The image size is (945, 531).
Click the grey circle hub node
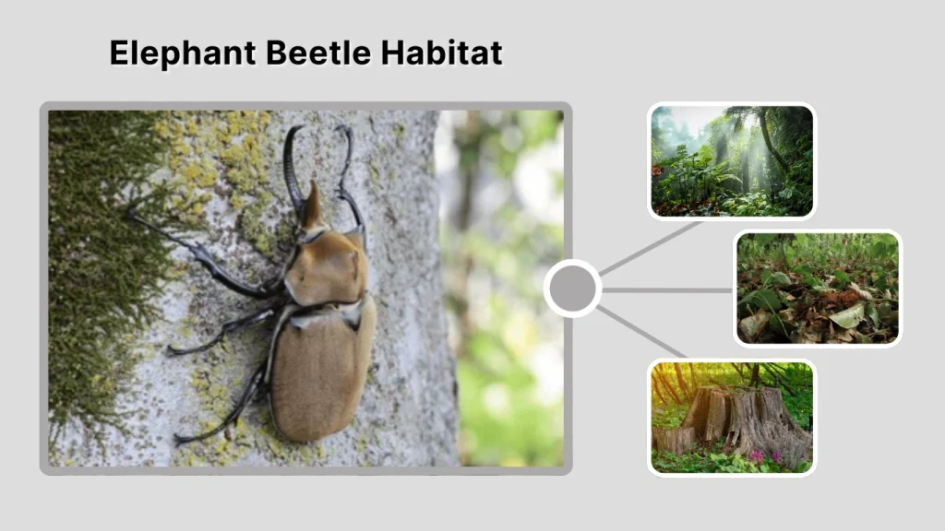click(x=572, y=289)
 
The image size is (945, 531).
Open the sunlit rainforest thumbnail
click(x=732, y=161)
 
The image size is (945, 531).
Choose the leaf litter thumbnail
click(x=818, y=288)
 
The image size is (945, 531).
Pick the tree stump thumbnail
click(x=732, y=418)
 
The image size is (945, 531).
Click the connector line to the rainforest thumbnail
click(x=652, y=248)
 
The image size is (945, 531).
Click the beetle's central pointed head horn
click(x=311, y=205)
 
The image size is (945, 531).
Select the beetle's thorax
click(x=325, y=267)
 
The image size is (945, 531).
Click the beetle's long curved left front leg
click(x=293, y=166)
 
